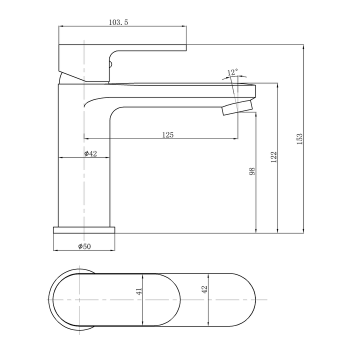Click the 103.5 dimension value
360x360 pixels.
click(x=118, y=22)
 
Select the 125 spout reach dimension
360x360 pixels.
click(x=167, y=134)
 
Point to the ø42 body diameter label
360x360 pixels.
click(x=90, y=153)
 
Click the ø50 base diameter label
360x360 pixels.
click(x=84, y=246)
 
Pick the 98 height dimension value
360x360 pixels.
click(x=252, y=171)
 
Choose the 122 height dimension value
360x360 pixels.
click(x=273, y=156)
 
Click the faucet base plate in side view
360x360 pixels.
click(x=84, y=230)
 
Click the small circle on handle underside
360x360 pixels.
click(x=111, y=63)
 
